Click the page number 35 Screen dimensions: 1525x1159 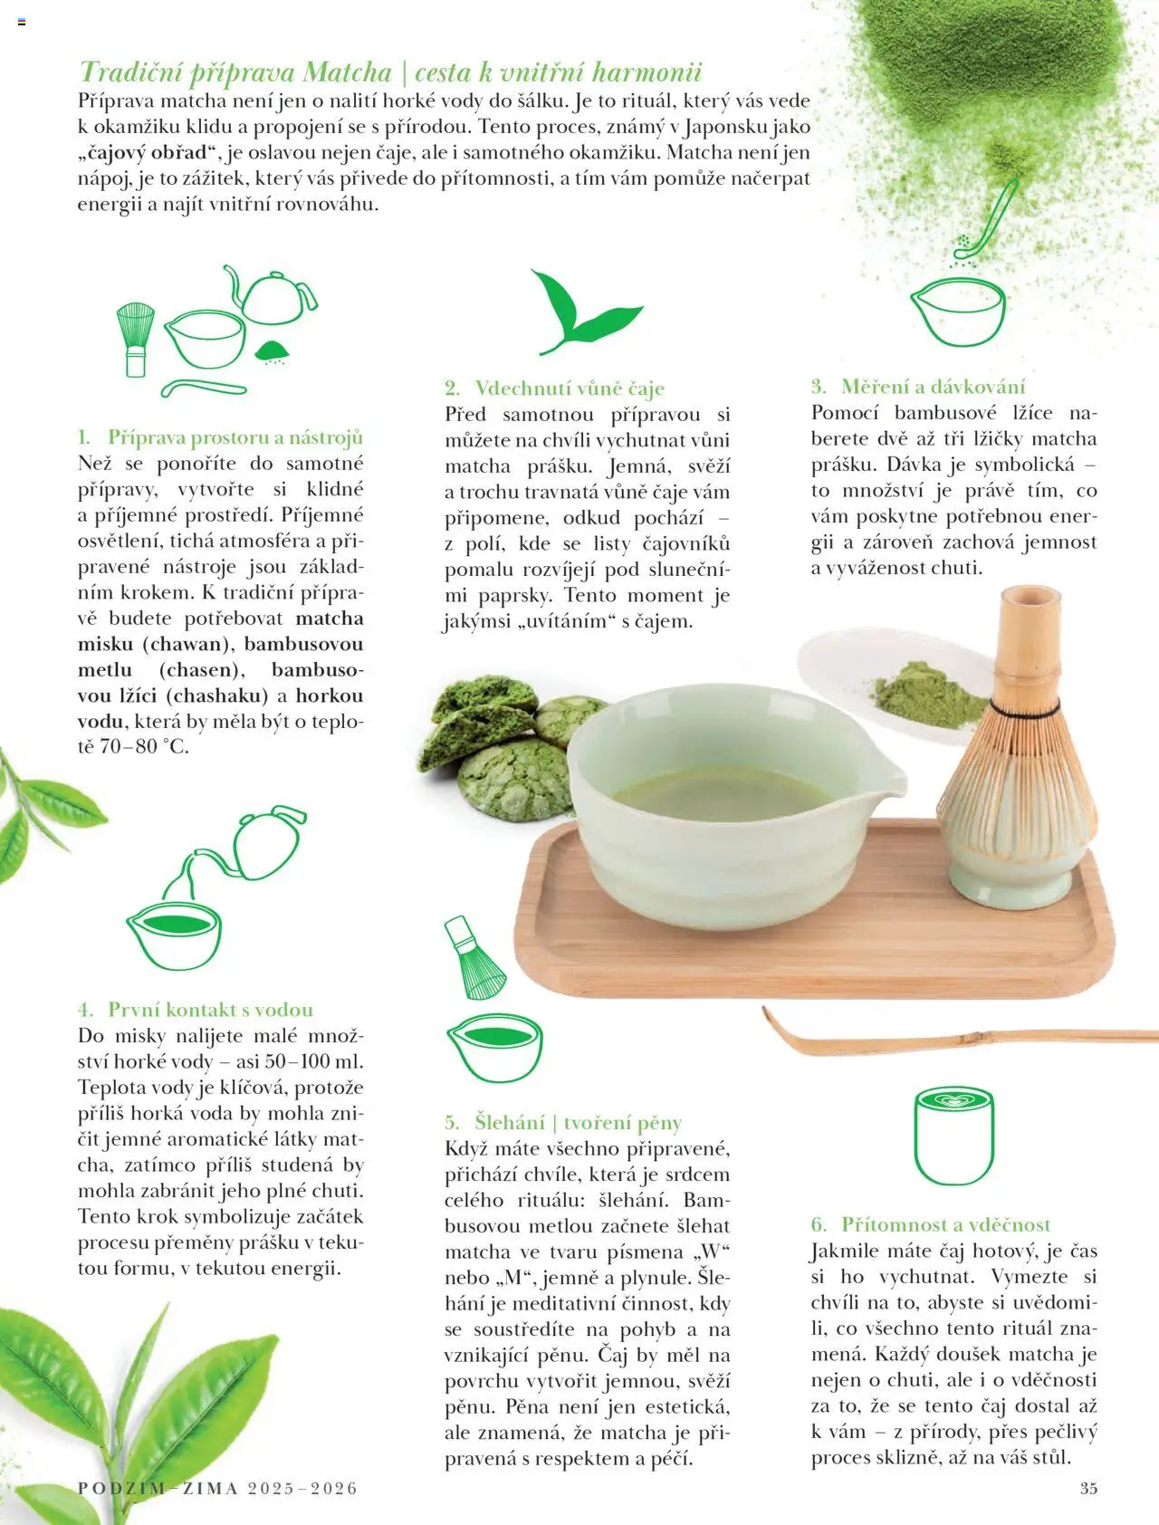[1087, 1488]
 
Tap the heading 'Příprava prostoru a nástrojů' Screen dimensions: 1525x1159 [235, 437]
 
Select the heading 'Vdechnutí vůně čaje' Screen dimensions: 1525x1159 [570, 388]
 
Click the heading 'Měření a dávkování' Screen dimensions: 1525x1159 [933, 387]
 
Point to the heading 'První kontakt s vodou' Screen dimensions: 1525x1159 [210, 1010]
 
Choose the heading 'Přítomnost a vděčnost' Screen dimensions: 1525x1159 [945, 1224]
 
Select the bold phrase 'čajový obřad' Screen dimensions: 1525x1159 [149, 152]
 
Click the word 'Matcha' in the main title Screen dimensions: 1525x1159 [347, 72]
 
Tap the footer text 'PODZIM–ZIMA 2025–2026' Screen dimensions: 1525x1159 [217, 1488]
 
